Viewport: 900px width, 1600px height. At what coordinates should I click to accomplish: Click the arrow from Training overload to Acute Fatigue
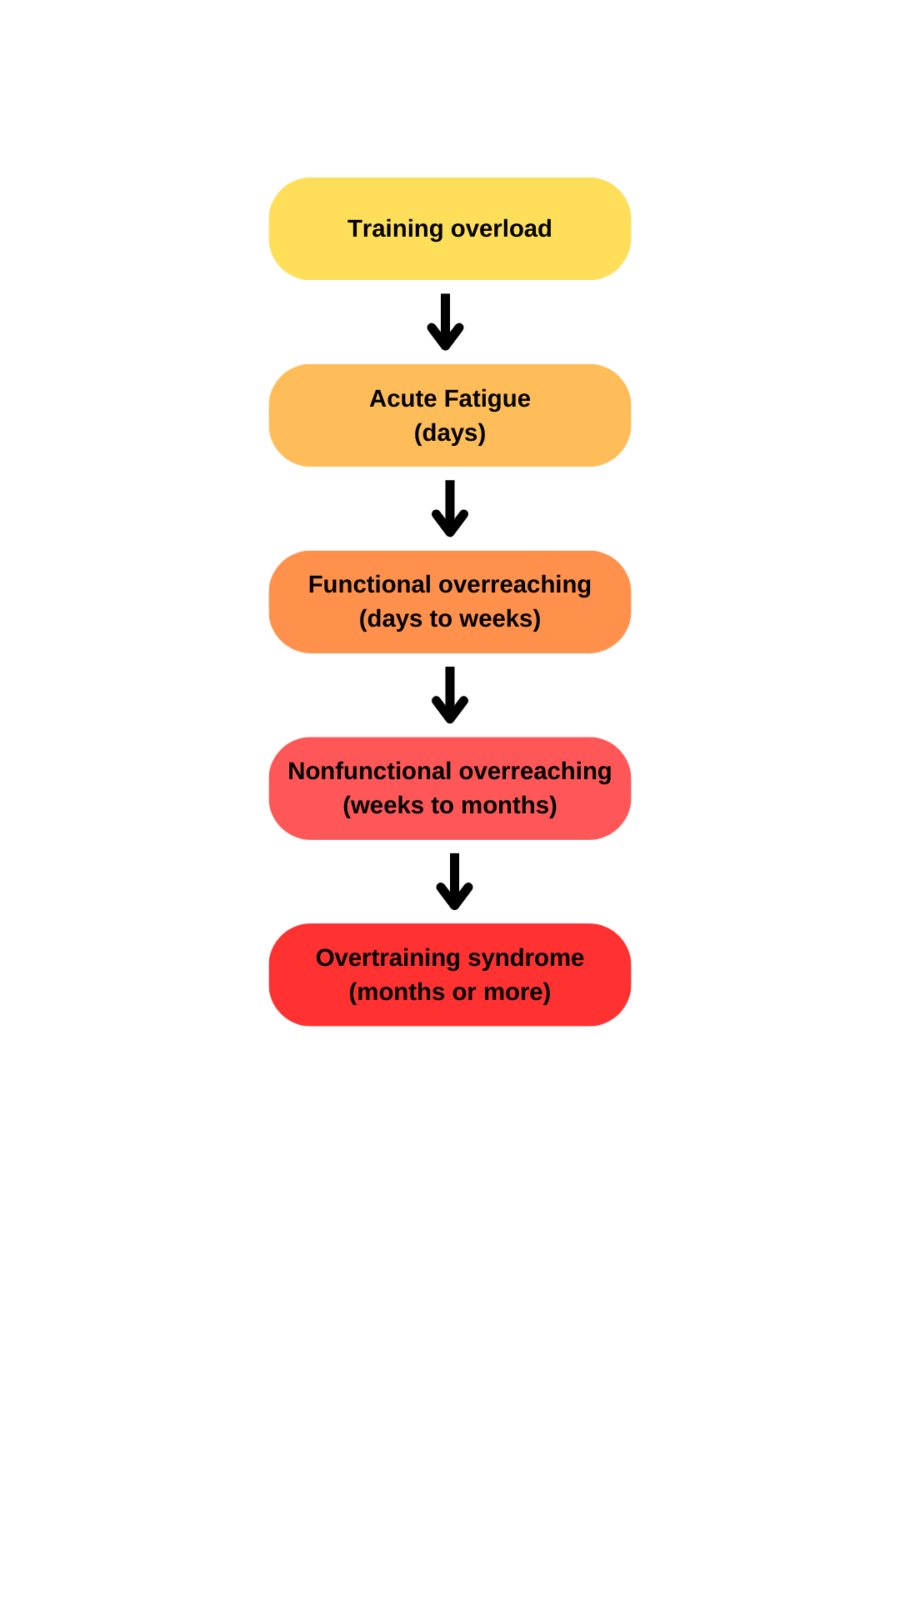445,322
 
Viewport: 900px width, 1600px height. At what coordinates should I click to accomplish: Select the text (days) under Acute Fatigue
450,432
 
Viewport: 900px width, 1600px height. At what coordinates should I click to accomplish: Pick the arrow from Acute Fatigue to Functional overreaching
450,509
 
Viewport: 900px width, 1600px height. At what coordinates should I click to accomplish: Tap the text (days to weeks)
450,618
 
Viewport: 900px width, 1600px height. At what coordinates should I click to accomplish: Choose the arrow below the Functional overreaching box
450,696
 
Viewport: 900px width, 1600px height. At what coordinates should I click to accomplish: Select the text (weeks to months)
450,805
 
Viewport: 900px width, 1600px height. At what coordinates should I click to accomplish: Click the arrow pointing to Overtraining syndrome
454,882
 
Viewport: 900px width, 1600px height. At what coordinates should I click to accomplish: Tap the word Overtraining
387,957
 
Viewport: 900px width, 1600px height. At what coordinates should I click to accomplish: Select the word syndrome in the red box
526,957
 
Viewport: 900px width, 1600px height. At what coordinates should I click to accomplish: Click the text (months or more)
450,992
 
